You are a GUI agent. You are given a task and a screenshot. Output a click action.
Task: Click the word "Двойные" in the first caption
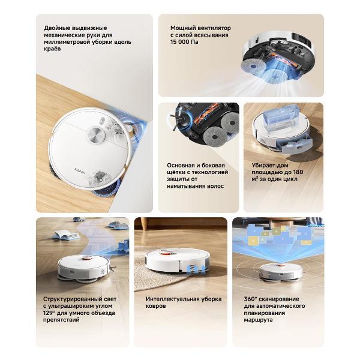click(57, 28)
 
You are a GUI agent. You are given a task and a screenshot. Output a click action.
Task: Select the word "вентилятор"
click(215, 28)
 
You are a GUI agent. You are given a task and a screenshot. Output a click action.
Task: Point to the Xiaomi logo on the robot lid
click(80, 170)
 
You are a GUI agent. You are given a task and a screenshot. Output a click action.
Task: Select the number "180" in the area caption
click(298, 172)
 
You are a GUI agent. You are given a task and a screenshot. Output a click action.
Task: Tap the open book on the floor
click(65, 235)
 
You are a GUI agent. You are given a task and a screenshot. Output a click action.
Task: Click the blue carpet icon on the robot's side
click(195, 269)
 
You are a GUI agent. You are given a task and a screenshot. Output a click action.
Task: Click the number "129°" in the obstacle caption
click(49, 313)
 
